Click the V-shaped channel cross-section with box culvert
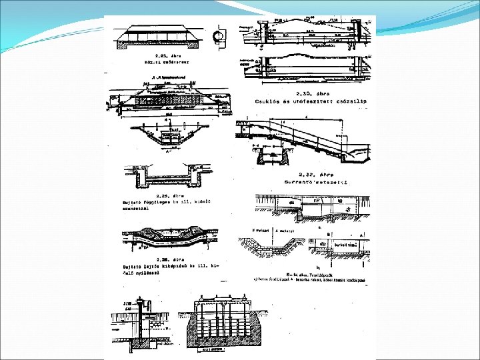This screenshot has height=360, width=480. pyautogui.click(x=167, y=139)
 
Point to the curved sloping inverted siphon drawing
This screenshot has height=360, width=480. pyautogui.click(x=167, y=237)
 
